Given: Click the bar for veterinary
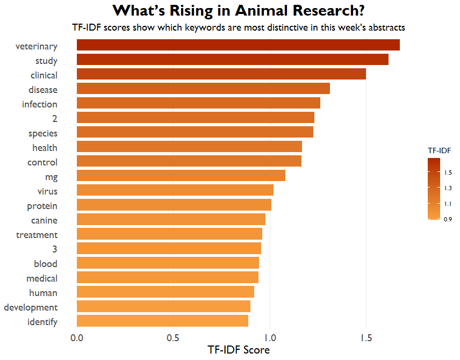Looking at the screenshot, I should coord(238,45).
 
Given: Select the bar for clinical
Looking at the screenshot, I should coord(221,74).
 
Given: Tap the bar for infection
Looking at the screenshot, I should coord(198,103).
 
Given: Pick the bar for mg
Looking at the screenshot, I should coord(181,176).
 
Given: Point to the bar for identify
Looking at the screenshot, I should coord(162,321).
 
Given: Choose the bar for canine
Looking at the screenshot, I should coord(171,219).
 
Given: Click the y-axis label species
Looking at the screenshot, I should coord(43,133).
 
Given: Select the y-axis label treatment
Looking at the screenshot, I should coord(37,235).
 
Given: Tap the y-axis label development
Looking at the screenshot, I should coord(31,307).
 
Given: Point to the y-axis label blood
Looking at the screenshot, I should coord(46,264).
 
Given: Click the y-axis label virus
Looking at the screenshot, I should coord(47,191).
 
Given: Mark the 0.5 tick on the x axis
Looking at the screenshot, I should coord(173,338).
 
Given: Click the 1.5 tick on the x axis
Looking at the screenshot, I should coord(366,338).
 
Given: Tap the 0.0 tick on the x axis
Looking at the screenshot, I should coord(77,338).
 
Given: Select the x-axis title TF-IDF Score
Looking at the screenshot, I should coord(239,350).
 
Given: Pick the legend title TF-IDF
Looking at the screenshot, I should coord(439,150).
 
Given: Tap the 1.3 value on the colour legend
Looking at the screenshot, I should coord(448,188).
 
